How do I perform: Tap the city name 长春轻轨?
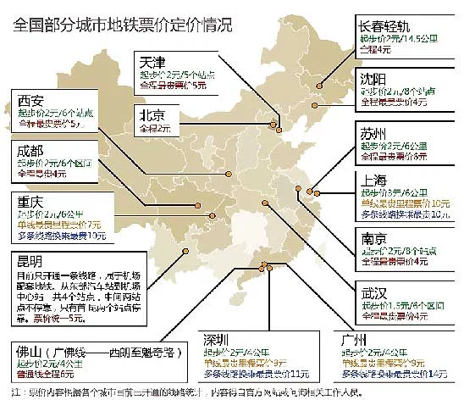click(389, 25)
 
